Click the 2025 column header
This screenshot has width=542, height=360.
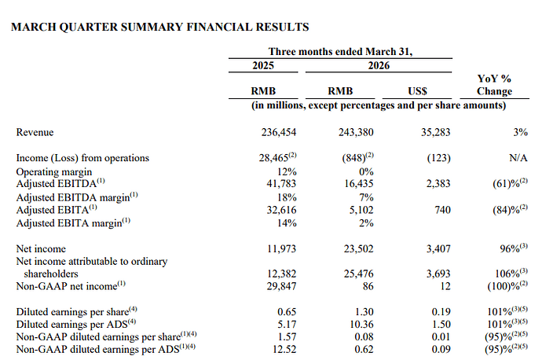tap(263, 65)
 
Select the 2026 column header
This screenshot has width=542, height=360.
tap(379, 65)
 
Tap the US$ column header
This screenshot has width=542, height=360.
tap(417, 91)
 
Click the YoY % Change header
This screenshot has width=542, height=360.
tap(494, 85)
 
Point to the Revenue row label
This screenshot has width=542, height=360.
tap(35, 132)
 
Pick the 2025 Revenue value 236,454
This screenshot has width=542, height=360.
tap(279, 132)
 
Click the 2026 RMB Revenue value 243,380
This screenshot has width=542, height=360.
tap(356, 132)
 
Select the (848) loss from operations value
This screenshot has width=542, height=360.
tap(354, 158)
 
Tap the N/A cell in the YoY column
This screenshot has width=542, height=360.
tap(518, 158)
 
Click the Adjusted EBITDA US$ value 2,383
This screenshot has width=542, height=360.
tap(438, 184)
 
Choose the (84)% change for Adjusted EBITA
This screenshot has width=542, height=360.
tap(506, 210)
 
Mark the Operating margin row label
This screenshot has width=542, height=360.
tap(54, 172)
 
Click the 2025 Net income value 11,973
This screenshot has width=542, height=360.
tap(281, 248)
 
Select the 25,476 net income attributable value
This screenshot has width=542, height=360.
tap(358, 274)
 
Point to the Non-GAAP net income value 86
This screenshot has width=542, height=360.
tap(368, 286)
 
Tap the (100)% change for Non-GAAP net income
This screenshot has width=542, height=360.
tap(504, 286)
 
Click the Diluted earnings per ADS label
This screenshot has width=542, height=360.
tap(72, 325)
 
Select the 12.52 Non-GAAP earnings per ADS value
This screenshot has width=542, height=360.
tap(284, 349)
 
